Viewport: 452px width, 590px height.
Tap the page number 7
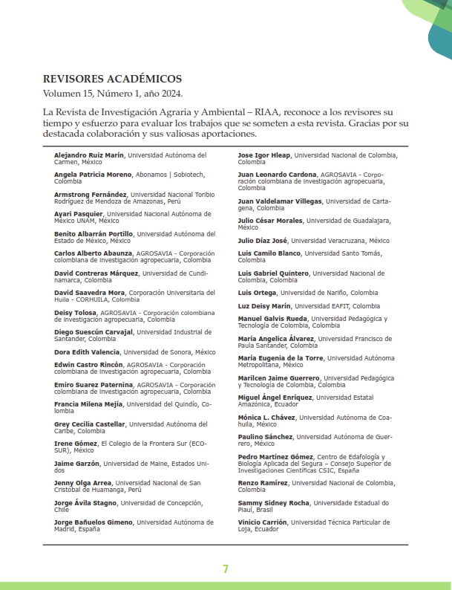point(225,569)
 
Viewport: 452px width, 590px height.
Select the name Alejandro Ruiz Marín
point(89,155)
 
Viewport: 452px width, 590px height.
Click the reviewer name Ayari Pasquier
point(79,214)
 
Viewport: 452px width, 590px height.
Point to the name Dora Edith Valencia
point(87,351)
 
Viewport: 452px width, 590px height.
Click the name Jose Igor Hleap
point(263,155)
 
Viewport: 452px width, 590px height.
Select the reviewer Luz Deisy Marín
point(264,306)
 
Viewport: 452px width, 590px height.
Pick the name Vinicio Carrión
point(263,522)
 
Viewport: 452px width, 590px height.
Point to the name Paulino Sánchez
point(265,437)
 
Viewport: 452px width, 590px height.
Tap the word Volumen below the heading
point(65,94)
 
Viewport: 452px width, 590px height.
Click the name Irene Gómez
point(76,444)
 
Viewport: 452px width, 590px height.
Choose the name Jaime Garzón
point(77,464)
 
